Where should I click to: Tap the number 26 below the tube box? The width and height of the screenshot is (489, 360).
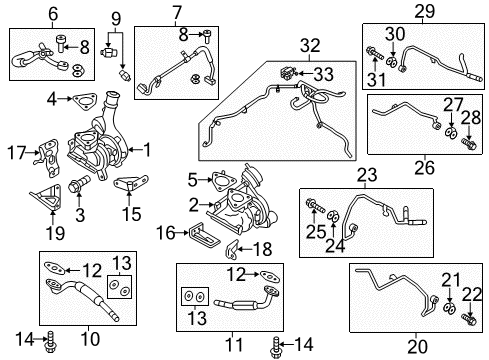pyautogui.click(x=425, y=166)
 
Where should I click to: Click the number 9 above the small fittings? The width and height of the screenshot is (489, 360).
pyautogui.click(x=116, y=18)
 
